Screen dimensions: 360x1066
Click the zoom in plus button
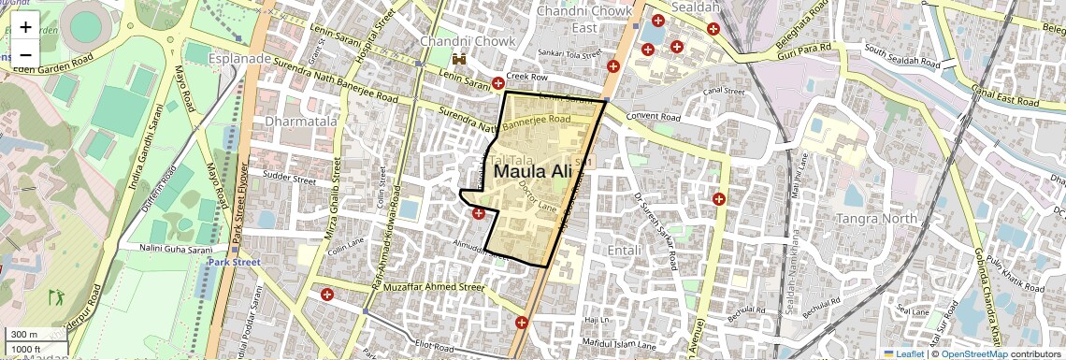click(25, 27)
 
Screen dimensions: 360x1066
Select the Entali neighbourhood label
click(626, 252)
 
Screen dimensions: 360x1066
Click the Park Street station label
click(234, 263)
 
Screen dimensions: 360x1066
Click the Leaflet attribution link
click(902, 353)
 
